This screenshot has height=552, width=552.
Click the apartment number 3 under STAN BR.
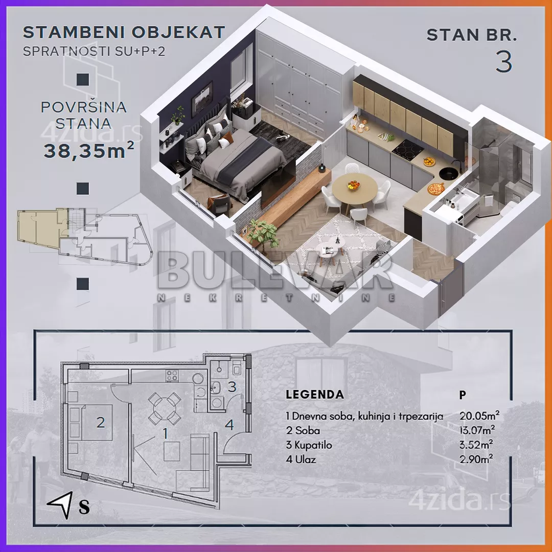click(504, 61)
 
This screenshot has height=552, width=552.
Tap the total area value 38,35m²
click(89, 150)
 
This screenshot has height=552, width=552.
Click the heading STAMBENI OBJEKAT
click(124, 32)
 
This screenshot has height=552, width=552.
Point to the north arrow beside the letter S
click(61, 504)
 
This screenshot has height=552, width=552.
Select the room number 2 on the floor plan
click(101, 423)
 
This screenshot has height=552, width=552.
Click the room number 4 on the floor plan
click(229, 425)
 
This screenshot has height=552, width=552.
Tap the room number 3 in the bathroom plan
click(232, 386)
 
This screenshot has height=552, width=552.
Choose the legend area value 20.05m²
click(479, 416)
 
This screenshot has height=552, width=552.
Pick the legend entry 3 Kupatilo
click(309, 445)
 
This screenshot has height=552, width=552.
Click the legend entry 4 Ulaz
click(301, 459)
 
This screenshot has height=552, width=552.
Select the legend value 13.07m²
click(477, 430)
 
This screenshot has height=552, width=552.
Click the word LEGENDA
click(315, 394)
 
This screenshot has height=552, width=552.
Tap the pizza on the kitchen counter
click(436, 189)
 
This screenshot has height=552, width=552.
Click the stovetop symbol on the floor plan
click(172, 375)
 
